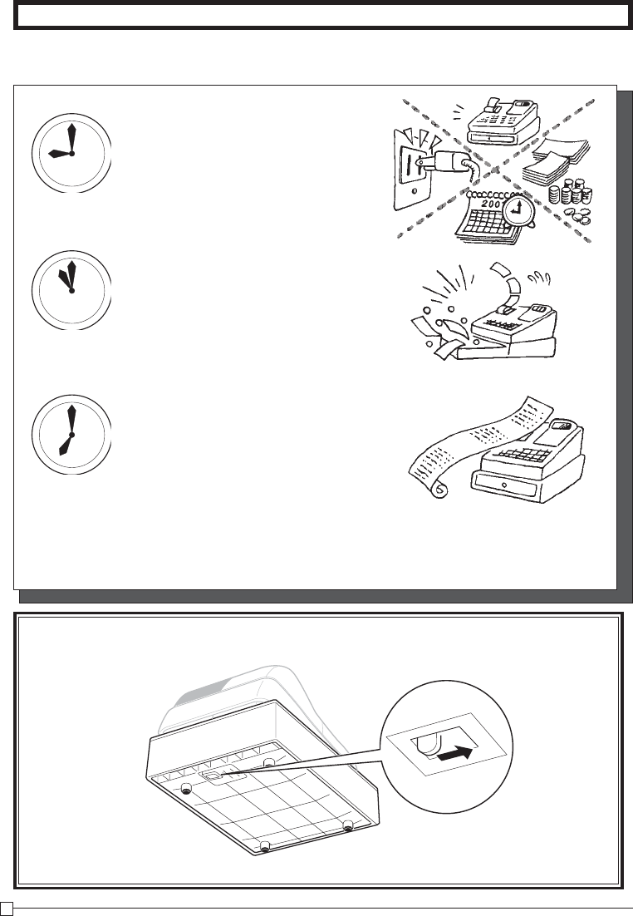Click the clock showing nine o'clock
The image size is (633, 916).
pos(71,154)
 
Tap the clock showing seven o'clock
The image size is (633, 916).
pos(71,435)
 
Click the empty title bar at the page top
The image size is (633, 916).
pos(321,16)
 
